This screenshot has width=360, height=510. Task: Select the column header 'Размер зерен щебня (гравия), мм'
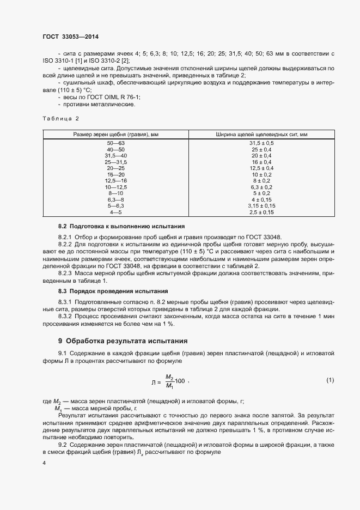click(116, 134)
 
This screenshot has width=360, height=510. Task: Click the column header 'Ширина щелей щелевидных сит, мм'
click(261, 134)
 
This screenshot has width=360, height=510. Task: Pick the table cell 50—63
click(116, 143)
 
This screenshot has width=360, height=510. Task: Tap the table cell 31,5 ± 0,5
click(261, 143)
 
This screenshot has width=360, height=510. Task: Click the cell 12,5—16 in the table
click(116, 180)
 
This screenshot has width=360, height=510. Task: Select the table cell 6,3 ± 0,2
click(261, 186)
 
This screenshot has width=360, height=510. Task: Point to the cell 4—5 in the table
click(116, 211)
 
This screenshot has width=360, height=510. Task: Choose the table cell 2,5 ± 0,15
click(261, 211)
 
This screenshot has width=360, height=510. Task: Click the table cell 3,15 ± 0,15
click(261, 205)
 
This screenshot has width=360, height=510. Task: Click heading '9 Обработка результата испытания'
click(123, 341)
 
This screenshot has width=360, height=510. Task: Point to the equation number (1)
click(330, 379)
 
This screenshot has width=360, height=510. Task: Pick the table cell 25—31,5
click(116, 162)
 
